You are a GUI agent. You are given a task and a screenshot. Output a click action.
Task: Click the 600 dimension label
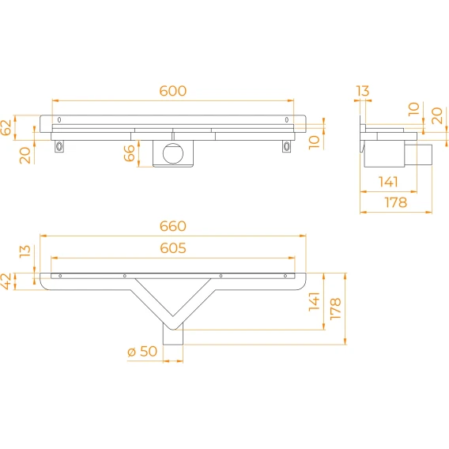pos(173,91)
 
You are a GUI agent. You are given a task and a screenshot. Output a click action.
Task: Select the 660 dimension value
pos(173,226)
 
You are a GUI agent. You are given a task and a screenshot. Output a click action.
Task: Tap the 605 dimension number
pos(173,248)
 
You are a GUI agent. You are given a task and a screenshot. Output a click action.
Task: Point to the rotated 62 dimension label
pos(6,127)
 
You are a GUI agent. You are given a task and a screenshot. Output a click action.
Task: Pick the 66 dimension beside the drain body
pos(129,153)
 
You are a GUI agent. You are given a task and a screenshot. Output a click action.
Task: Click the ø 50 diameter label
pos(142,351)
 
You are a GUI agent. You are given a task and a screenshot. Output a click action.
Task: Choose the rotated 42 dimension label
pos(6,281)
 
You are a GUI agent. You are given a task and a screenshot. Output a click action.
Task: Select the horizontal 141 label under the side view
pos(388,182)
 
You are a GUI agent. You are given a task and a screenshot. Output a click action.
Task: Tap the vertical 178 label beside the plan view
pos(336,308)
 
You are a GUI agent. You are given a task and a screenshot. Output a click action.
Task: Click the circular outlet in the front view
pos(173,153)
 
